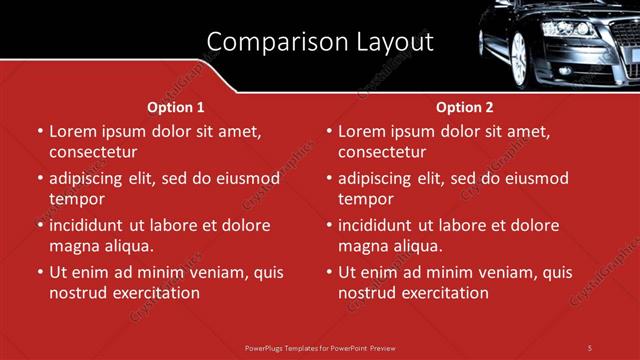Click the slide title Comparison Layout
coord(320,42)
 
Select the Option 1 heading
coord(176,107)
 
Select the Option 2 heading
coord(465,107)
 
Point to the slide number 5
coord(590,347)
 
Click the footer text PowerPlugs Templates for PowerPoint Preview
coord(320,347)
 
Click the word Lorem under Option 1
coord(73,131)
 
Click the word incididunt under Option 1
coord(90,225)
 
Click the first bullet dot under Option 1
coord(40,132)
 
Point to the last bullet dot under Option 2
coord(329,273)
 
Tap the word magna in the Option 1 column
coord(74,246)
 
